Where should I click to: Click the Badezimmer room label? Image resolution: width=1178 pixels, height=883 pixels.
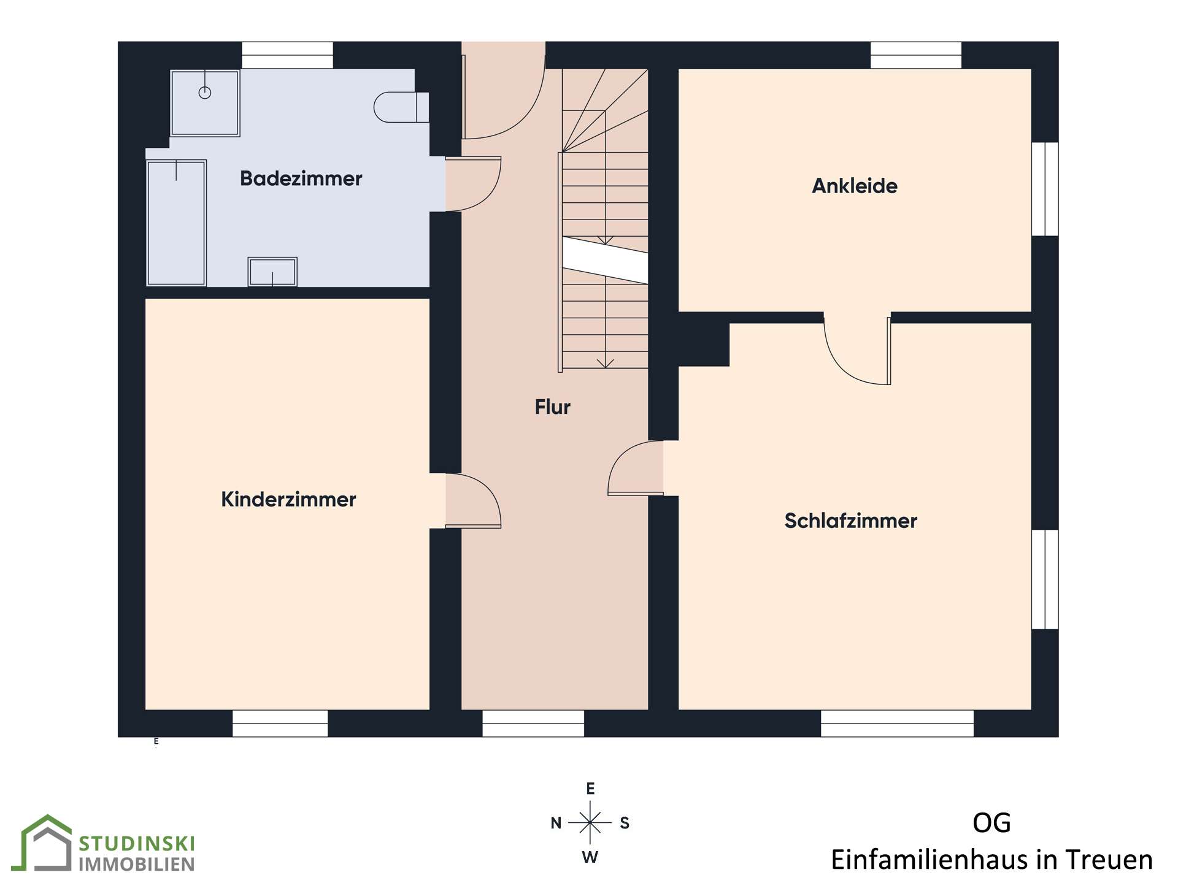point(301,178)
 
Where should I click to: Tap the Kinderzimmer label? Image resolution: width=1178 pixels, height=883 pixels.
point(288,499)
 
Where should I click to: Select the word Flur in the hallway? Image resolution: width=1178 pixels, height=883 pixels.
point(552,407)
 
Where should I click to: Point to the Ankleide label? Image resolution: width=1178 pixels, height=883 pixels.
point(855,186)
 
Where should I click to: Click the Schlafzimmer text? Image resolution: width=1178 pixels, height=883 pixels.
point(851,521)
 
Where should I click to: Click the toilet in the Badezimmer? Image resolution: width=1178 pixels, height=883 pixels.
point(401,107)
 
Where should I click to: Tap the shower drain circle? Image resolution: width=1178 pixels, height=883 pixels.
point(205,93)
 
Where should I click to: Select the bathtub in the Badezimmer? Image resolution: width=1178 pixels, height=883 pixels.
point(176,223)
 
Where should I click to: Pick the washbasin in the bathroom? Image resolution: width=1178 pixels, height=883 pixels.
point(272,272)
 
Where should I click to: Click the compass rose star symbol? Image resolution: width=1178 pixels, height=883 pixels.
point(590,822)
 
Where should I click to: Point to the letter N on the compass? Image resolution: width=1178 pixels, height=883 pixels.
point(556,823)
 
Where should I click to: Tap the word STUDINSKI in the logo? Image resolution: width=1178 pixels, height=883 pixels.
point(137,844)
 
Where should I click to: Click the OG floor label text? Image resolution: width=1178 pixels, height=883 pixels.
point(991,823)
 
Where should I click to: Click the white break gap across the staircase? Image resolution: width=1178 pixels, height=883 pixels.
point(605,261)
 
